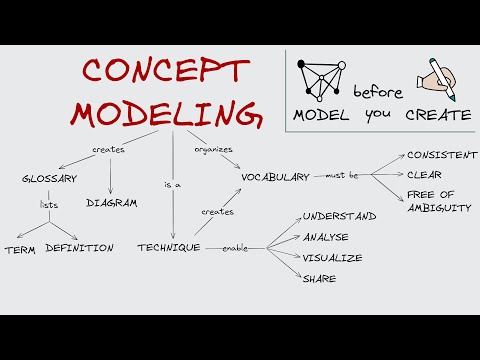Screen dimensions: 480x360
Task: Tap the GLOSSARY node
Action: (49, 179)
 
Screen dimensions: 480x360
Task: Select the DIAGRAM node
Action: (111, 201)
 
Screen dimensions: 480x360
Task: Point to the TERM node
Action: (21, 248)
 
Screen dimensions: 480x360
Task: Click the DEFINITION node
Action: (79, 247)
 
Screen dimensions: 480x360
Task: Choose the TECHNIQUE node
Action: (168, 247)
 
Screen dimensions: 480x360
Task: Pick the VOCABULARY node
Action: (275, 177)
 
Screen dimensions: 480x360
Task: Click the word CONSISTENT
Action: (442, 155)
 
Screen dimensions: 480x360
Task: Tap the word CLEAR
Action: (424, 175)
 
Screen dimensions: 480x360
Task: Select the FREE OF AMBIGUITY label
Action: (438, 200)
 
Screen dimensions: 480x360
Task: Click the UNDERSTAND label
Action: (339, 216)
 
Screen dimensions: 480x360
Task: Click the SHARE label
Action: (319, 278)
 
